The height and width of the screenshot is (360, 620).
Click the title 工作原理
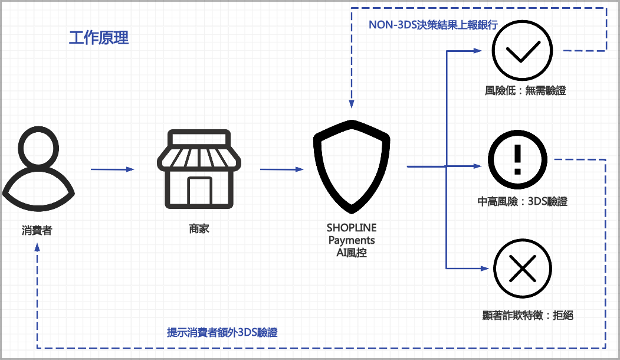coord(99,38)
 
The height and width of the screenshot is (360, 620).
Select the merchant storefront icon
coord(199,169)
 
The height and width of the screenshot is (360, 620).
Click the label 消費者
coord(37,230)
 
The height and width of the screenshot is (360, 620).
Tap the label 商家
coord(199,228)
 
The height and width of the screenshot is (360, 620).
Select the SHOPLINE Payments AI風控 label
coord(352,240)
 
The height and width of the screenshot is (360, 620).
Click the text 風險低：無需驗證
coord(525,91)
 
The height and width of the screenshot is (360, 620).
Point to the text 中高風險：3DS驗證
coord(522,201)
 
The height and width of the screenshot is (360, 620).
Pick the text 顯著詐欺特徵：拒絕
coord(527,315)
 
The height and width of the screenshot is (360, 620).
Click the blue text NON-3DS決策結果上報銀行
coord(433,25)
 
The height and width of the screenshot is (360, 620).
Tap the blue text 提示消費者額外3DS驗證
coord(222,332)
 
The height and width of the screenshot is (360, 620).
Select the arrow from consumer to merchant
coord(113,169)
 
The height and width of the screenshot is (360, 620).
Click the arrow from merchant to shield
coord(281,169)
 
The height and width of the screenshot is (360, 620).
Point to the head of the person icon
coord(38,148)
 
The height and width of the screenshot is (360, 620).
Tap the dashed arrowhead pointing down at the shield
coord(352,104)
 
